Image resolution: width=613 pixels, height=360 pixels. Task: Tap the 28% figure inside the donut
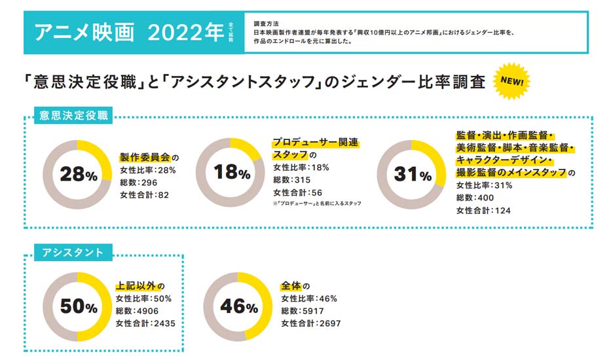point(78,174)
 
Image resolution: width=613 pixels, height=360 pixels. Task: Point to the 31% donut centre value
point(412,175)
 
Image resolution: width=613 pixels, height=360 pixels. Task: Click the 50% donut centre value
point(78,306)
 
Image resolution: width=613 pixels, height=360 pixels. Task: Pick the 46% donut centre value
point(239,306)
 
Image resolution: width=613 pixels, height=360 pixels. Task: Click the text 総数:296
point(140,182)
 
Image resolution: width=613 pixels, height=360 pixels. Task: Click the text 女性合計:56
point(297,192)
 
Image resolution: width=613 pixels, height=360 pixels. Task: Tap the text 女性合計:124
point(483,210)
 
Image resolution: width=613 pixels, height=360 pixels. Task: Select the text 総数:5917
point(302,311)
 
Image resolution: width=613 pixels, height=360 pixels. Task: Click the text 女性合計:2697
point(311,323)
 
